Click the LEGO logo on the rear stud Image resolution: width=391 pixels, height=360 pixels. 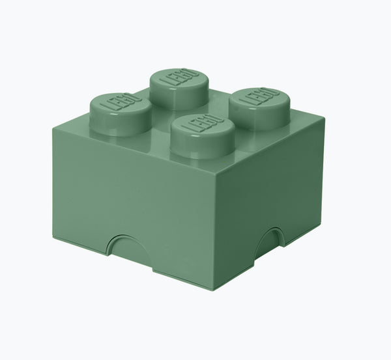coord(177,77)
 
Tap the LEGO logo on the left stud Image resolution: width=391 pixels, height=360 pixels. coord(119,104)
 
